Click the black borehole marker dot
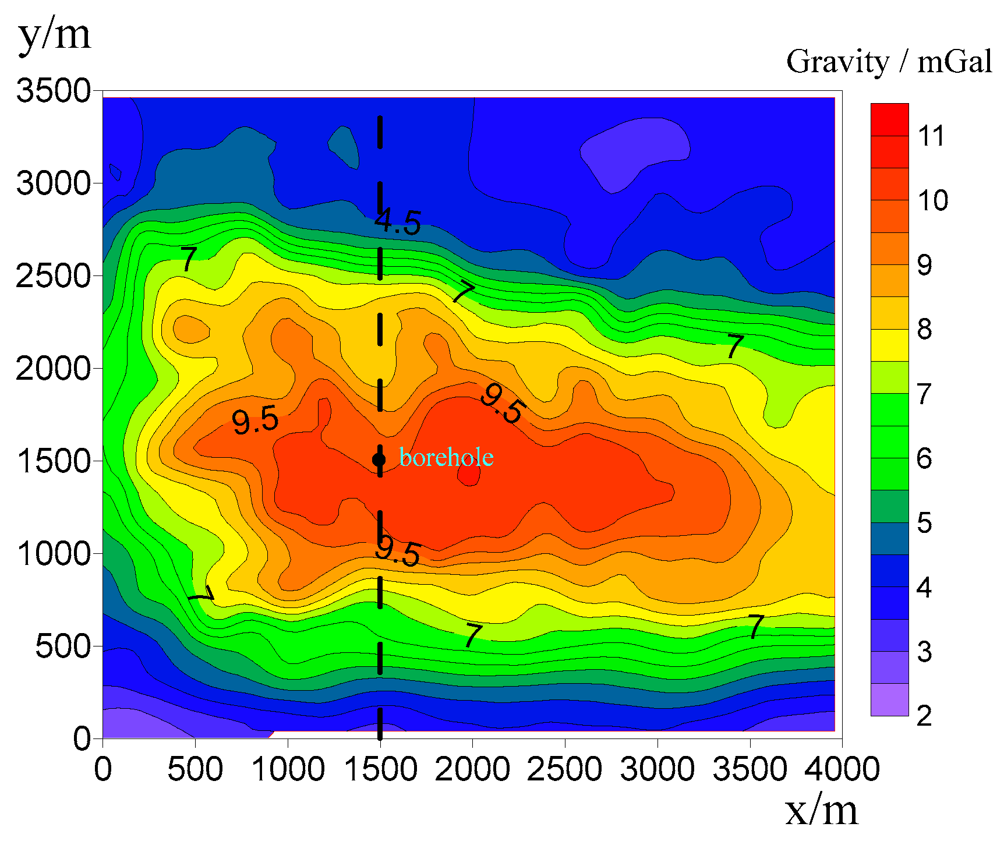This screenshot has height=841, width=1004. (x=379, y=460)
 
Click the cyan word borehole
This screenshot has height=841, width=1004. (x=446, y=458)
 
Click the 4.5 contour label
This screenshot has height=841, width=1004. (x=398, y=222)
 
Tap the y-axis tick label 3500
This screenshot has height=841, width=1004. (x=54, y=91)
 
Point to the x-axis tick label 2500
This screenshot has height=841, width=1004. (x=564, y=769)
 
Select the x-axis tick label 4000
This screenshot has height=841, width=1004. (x=842, y=769)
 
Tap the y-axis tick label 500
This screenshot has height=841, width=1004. (x=63, y=646)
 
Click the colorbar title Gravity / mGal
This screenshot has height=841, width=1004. (x=889, y=62)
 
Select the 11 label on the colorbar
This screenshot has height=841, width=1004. (x=931, y=136)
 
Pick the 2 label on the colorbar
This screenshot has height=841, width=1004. (x=924, y=716)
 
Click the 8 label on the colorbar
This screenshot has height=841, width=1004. (x=924, y=330)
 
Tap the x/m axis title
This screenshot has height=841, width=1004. (x=822, y=810)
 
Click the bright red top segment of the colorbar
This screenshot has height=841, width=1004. (x=889, y=119)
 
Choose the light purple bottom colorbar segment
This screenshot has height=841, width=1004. (x=889, y=699)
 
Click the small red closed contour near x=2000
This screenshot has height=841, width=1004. (x=469, y=475)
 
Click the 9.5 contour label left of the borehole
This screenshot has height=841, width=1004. (x=255, y=421)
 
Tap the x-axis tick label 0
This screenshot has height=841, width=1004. (x=103, y=769)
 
